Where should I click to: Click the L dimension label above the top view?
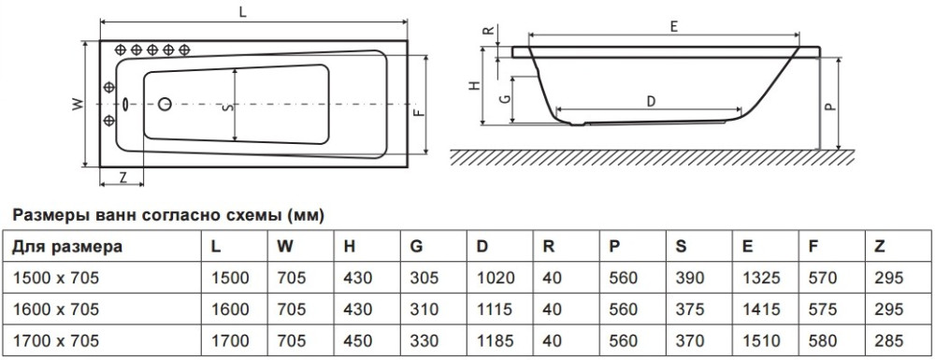point(243,14)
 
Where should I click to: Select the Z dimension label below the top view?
point(122,177)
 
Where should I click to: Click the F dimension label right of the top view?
point(419,111)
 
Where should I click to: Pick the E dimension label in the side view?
point(673,26)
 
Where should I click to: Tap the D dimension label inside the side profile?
point(651,102)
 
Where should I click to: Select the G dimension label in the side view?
point(505,99)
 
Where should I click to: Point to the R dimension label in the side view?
point(489,32)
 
